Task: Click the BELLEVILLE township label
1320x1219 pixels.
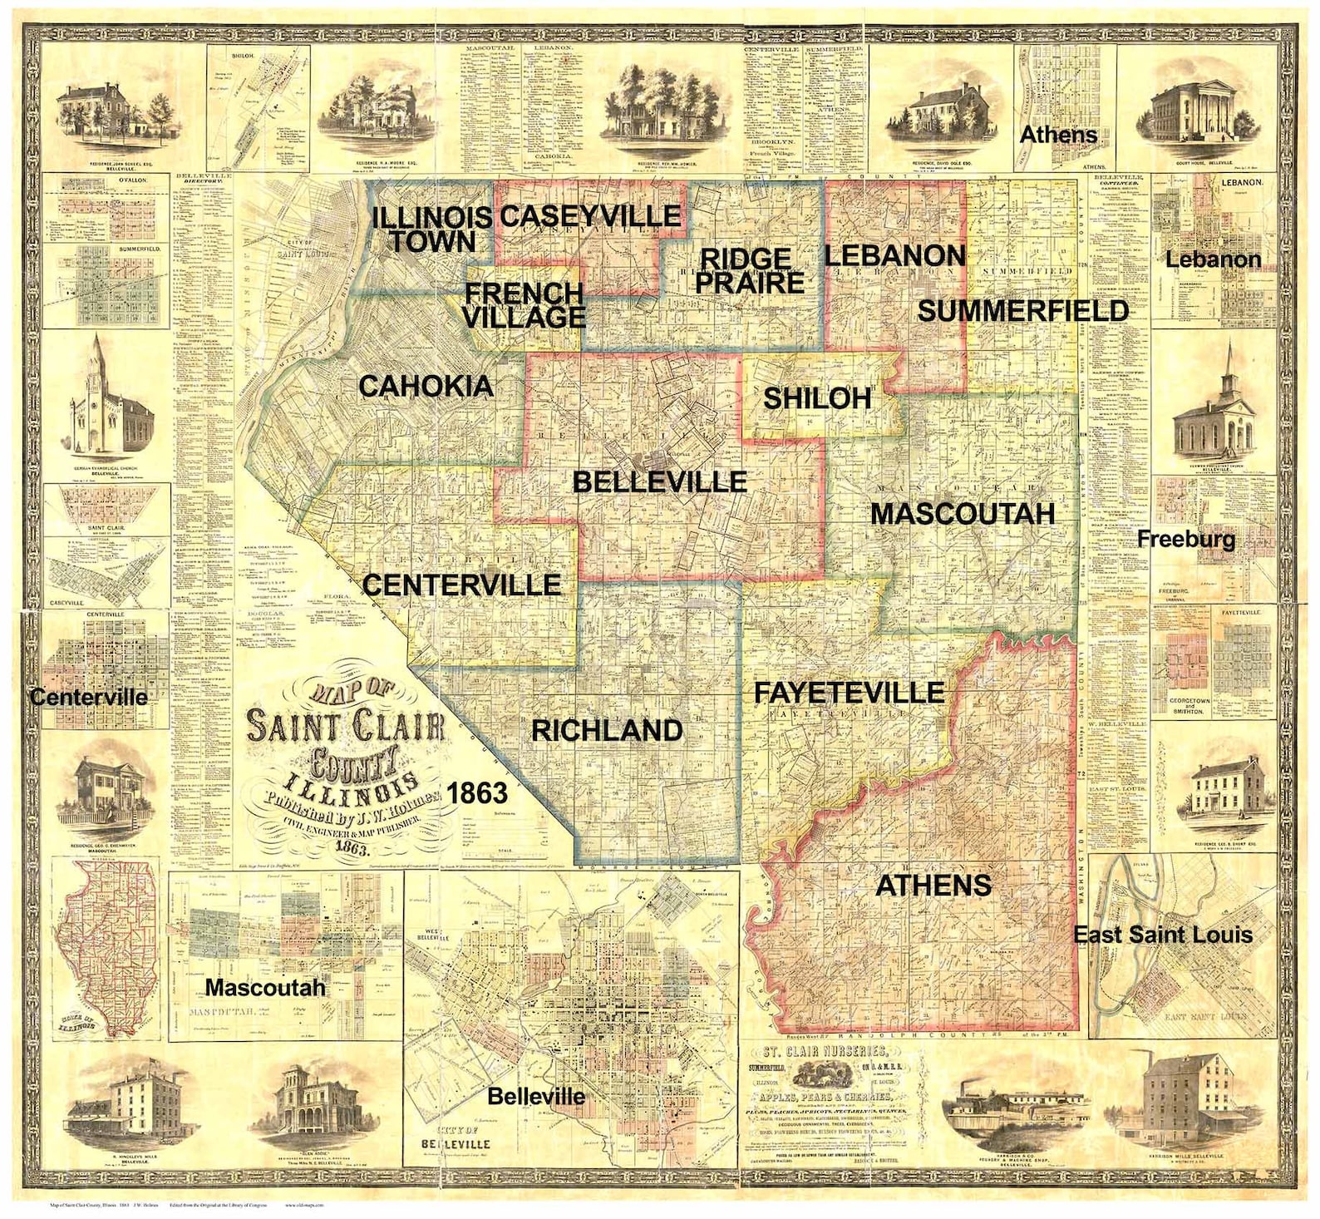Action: click(x=659, y=481)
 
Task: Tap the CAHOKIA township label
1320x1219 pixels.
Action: click(x=426, y=386)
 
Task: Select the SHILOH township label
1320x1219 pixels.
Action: click(x=816, y=398)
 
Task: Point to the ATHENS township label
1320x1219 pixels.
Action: click(x=933, y=885)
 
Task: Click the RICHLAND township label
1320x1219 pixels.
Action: click(x=607, y=730)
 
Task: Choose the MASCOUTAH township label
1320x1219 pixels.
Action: click(x=962, y=513)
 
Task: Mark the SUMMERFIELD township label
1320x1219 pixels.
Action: click(x=1022, y=311)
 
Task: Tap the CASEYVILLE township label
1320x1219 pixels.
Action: click(x=589, y=216)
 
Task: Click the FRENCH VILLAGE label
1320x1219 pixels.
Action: click(x=524, y=305)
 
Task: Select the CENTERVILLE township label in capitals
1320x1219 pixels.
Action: click(x=461, y=585)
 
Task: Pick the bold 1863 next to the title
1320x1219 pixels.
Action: click(x=477, y=792)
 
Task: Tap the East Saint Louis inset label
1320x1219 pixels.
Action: click(x=1162, y=935)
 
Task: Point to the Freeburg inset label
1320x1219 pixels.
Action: click(x=1185, y=539)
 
